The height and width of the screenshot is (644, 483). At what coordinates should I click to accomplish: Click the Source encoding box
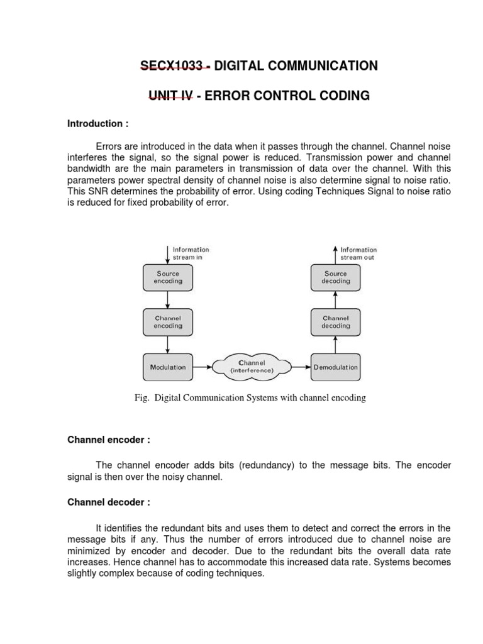pyautogui.click(x=168, y=278)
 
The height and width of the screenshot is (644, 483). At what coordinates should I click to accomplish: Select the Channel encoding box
pyautogui.click(x=168, y=322)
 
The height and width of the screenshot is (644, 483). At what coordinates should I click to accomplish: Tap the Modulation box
pyautogui.click(x=168, y=367)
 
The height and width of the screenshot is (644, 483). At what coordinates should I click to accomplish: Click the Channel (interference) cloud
pyautogui.click(x=252, y=367)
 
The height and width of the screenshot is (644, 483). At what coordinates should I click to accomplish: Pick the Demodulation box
pyautogui.click(x=335, y=367)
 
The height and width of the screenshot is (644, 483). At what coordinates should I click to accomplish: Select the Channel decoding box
pyautogui.click(x=335, y=322)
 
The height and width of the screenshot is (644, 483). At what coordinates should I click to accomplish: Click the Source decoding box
pyautogui.click(x=335, y=278)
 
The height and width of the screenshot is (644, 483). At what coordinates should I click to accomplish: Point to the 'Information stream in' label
pyautogui.click(x=191, y=253)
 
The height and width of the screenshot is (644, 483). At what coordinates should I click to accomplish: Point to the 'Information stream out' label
pyautogui.click(x=358, y=253)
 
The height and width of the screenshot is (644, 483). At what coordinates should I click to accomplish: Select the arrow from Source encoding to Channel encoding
pyautogui.click(x=168, y=300)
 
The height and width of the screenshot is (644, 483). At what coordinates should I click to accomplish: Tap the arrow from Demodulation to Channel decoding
pyautogui.click(x=335, y=345)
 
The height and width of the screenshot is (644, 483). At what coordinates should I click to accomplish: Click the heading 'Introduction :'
pyautogui.click(x=97, y=124)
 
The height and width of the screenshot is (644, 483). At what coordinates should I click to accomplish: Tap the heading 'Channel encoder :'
pyautogui.click(x=108, y=440)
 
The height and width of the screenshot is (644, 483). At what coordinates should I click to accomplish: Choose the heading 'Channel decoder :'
pyautogui.click(x=108, y=502)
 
